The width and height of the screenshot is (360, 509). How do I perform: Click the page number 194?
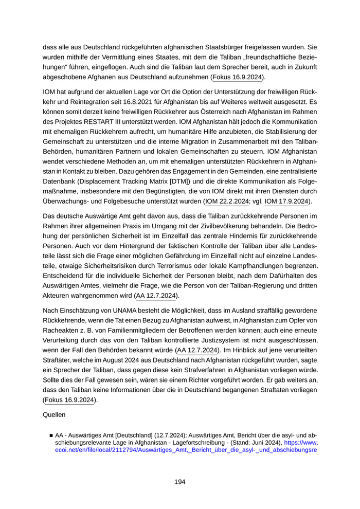tap(179, 482)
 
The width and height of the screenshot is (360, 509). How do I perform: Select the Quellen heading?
tap(54, 413)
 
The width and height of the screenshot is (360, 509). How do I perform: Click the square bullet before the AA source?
tap(51, 434)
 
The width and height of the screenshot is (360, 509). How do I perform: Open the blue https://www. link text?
tap(301, 442)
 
